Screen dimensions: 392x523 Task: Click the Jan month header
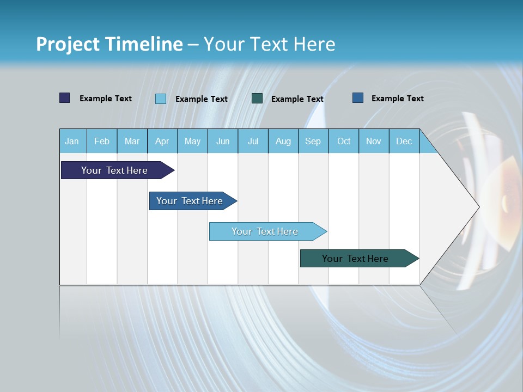coord(72,141)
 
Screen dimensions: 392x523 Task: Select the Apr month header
coord(162,141)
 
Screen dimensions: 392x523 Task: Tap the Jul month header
coord(253,141)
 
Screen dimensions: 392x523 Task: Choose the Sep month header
coord(313,141)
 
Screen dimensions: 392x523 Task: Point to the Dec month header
coord(404,141)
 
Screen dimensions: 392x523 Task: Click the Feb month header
coord(102,141)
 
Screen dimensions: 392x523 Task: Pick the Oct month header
coord(344,141)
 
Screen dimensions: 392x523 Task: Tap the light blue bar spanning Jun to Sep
coord(266,231)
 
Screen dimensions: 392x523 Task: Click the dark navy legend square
coord(65,98)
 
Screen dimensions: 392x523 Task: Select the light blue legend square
coord(161,99)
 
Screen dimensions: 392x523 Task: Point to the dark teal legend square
coord(257,99)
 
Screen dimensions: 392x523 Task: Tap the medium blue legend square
coord(358,98)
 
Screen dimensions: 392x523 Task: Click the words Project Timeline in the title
coord(109,44)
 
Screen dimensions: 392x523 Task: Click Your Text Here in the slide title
coord(270,44)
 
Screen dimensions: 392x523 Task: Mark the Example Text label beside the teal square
coord(297,99)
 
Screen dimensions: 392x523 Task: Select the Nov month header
coord(374,141)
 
